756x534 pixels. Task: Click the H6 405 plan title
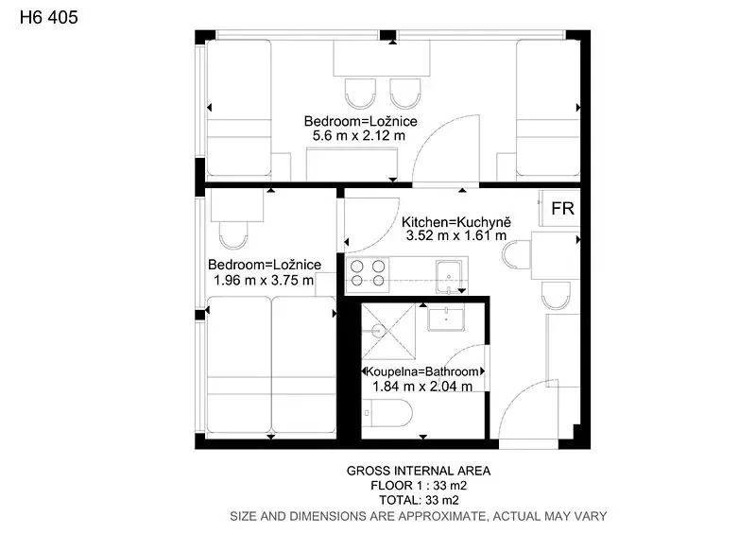[x=49, y=17]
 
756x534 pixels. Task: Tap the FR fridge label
[x=562, y=208]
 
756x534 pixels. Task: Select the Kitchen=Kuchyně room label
[x=455, y=222]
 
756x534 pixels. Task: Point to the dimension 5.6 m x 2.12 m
[x=359, y=135]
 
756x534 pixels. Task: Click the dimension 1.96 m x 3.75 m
[x=264, y=280]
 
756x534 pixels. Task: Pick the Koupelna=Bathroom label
[x=422, y=371]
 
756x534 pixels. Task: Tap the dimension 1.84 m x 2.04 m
[x=422, y=386]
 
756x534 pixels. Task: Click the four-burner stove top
[x=368, y=273]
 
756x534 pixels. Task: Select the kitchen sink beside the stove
[x=450, y=277]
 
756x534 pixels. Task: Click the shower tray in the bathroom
[x=388, y=332]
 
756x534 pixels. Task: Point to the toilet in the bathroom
[x=387, y=413]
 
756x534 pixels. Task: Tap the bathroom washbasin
[x=446, y=318]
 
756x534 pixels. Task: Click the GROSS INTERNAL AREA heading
[x=419, y=471]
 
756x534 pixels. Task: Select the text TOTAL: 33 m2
[x=419, y=500]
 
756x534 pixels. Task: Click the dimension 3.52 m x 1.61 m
[x=456, y=235]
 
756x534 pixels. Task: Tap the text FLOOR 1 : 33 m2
[x=419, y=485]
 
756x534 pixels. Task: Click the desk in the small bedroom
[x=237, y=205]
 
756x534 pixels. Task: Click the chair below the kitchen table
[x=556, y=295]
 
